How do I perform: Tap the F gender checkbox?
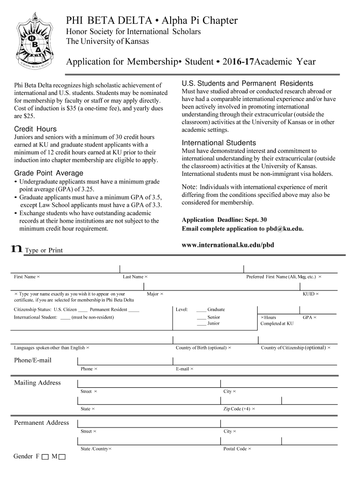(45, 457)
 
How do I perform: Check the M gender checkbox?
(62, 457)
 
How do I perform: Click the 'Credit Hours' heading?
(35, 129)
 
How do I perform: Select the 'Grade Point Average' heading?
(49, 173)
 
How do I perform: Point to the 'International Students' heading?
(219, 143)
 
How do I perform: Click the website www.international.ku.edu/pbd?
(228, 245)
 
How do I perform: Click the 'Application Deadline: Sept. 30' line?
(224, 220)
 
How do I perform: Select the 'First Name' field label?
(25, 277)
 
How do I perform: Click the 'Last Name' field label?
(133, 277)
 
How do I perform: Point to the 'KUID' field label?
(309, 294)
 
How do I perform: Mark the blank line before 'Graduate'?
(201, 310)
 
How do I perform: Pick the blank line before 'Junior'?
(201, 324)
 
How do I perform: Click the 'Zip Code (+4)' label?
(237, 409)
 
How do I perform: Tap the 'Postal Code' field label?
(235, 449)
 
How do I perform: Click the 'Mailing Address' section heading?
(37, 383)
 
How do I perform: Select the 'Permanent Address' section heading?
(42, 423)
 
